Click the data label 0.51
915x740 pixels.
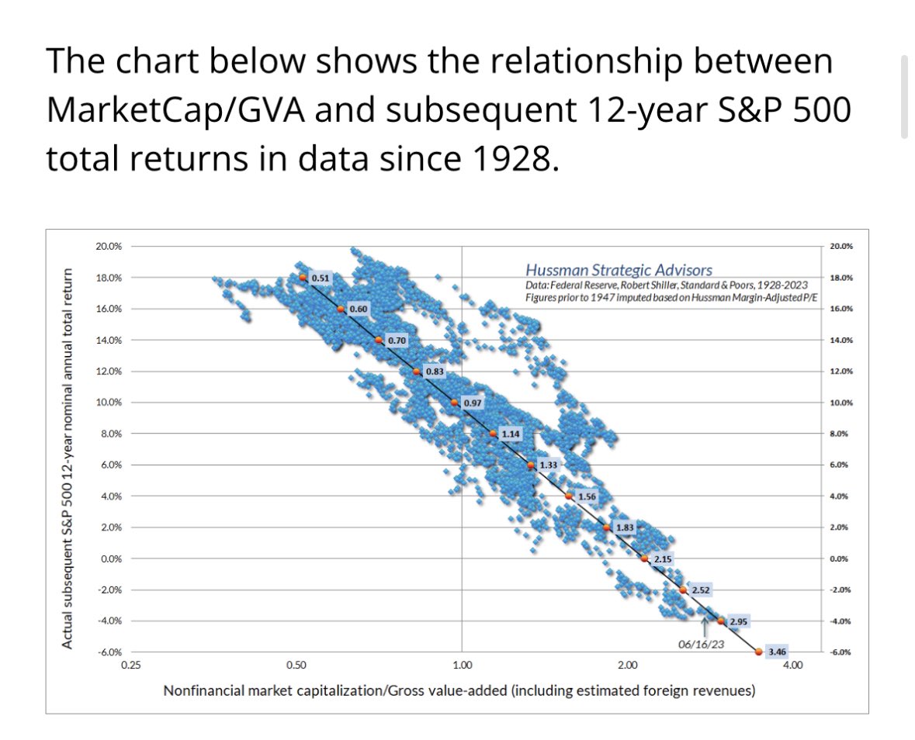tap(319, 277)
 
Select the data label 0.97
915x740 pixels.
tap(472, 403)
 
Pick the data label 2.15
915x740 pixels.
tap(662, 558)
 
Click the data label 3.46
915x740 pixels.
tap(777, 652)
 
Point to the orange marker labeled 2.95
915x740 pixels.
tap(721, 621)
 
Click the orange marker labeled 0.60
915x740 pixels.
tap(341, 309)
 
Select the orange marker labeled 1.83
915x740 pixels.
tap(607, 527)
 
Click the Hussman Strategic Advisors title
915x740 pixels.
tap(619, 270)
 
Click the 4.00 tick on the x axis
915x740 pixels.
tap(791, 665)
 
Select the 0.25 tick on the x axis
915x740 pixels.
tap(130, 665)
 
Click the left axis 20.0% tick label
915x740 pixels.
tap(107, 246)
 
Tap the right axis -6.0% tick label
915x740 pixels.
tap(840, 652)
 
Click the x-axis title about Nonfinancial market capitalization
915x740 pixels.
tap(459, 690)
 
